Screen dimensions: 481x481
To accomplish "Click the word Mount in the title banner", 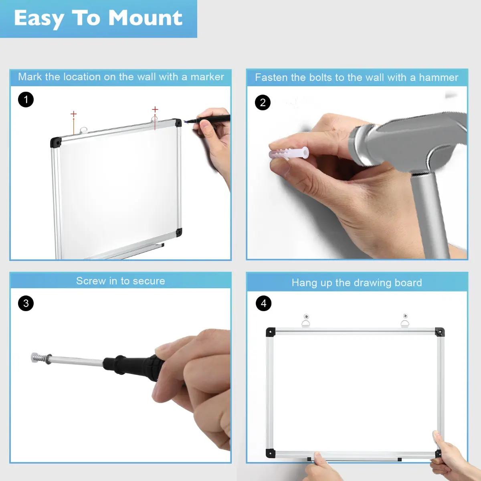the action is (145, 18).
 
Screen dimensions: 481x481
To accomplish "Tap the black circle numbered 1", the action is (26, 99).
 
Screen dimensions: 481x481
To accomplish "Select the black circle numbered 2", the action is (263, 102).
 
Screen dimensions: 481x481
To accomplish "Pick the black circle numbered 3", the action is (26, 303).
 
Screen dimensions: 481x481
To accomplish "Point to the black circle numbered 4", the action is (264, 303).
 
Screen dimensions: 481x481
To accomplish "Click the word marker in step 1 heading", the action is (207, 77).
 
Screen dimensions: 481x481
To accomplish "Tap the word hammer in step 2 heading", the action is (439, 78).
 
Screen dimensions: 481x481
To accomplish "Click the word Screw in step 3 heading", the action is (91, 281).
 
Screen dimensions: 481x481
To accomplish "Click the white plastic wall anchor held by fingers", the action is (289, 153).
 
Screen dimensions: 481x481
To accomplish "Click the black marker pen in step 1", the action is (207, 119).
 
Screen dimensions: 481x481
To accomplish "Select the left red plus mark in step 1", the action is (73, 114).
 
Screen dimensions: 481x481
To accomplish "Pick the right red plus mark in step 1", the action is (155, 109).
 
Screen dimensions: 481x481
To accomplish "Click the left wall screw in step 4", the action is (306, 317).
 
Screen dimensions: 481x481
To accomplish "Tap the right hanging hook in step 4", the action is (405, 323).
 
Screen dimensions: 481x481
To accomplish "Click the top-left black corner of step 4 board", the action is (271, 332).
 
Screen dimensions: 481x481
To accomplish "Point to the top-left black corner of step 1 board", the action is (56, 142).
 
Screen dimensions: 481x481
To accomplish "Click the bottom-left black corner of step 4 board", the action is (271, 453).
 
